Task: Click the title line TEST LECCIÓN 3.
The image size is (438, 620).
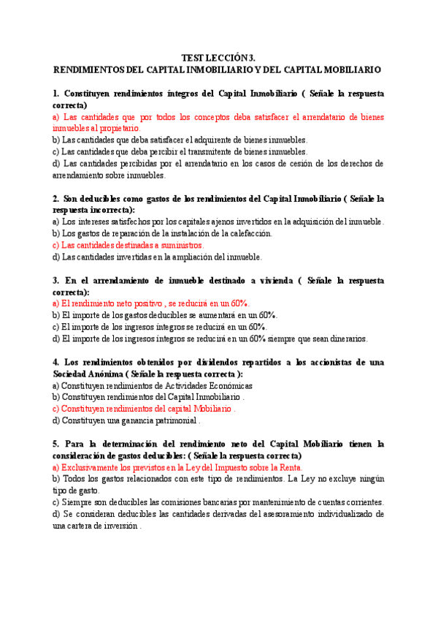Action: point(219,57)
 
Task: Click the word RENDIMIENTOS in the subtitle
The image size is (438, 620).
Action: point(88,69)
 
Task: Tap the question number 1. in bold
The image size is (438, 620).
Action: point(56,94)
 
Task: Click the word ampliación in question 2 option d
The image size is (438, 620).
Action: point(191,257)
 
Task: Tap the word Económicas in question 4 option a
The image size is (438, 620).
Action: point(229,385)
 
